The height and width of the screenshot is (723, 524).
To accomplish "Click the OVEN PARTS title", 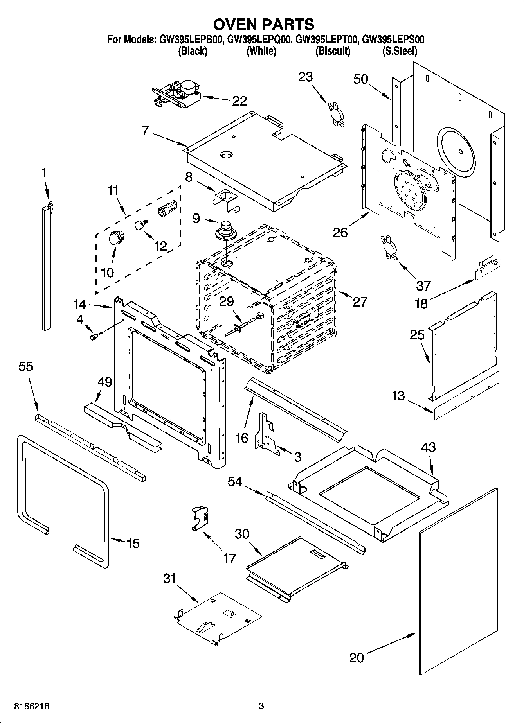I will (263, 24).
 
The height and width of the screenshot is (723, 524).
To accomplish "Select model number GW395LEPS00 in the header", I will (393, 39).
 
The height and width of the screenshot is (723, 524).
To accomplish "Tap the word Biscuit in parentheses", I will (333, 51).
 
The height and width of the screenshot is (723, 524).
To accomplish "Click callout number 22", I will (239, 101).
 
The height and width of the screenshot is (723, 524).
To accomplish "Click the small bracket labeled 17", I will (200, 518).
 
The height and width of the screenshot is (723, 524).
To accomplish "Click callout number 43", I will (429, 447).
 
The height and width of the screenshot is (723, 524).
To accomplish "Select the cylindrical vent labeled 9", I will (225, 231).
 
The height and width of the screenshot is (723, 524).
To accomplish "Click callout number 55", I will (26, 366).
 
